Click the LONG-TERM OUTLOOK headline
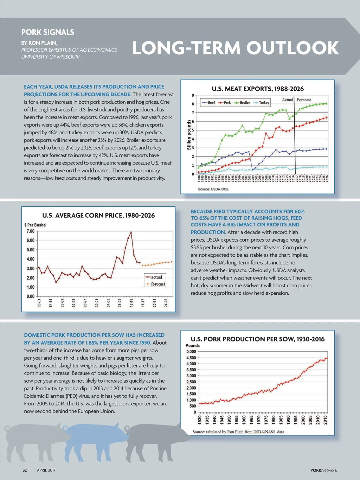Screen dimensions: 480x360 tap(235, 48)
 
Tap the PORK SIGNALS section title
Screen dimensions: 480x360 tap(47, 32)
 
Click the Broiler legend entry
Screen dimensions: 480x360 tap(243, 103)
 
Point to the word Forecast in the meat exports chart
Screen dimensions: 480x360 tap(304, 100)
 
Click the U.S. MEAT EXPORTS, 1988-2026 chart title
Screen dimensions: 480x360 tap(258, 89)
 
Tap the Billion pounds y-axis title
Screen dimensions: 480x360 tap(189, 135)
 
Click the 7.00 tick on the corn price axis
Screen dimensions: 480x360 tap(31, 231)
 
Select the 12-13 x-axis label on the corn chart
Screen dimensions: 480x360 tap(131, 303)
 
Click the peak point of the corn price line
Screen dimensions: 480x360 tap(131, 232)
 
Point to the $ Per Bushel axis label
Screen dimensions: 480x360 tap(35, 225)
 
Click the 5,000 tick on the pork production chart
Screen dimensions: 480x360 tap(191, 352)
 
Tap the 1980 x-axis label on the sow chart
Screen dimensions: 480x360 tap(274, 420)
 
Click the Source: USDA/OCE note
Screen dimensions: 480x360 tap(213, 189)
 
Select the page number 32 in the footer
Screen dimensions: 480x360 tap(25, 470)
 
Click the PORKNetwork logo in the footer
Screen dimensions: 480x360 tap(323, 470)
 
